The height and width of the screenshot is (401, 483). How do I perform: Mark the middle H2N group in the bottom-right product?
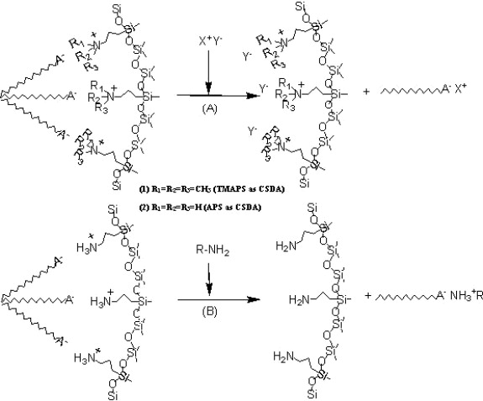300,300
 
